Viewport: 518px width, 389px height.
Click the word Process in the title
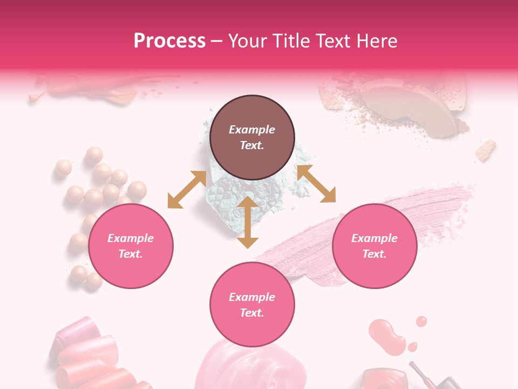[x=169, y=41]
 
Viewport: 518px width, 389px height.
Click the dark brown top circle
[x=252, y=138]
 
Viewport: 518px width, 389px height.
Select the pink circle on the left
[x=131, y=246]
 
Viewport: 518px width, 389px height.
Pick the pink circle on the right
[x=374, y=246]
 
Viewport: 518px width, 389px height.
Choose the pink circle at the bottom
[x=252, y=305]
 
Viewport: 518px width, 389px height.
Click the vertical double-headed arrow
[x=248, y=222]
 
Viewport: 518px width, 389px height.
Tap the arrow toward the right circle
[x=316, y=184]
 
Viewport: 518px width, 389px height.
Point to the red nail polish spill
[x=387, y=335]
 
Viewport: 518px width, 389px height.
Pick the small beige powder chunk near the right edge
[x=486, y=150]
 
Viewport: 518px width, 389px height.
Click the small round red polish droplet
[x=421, y=321]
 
